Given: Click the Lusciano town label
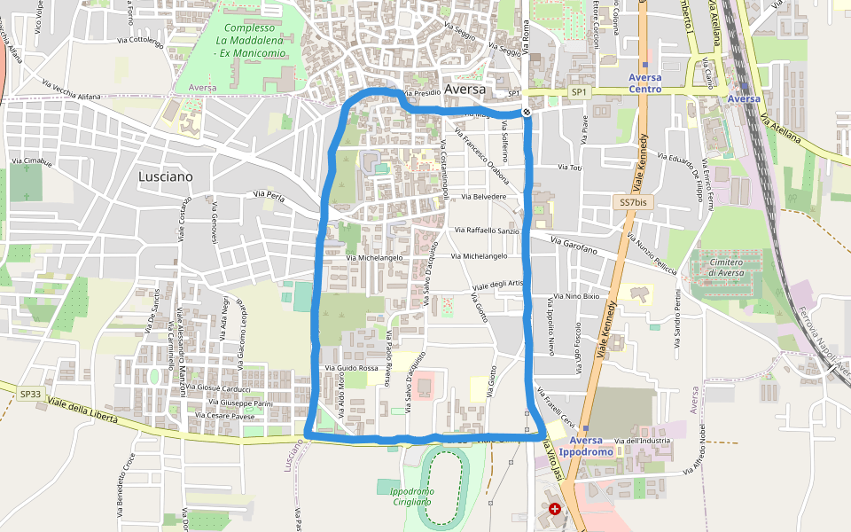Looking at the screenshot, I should [x=165, y=176].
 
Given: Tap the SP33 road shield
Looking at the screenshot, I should [x=31, y=394].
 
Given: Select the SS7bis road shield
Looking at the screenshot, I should [x=633, y=203].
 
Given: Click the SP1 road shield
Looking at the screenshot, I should [x=578, y=92].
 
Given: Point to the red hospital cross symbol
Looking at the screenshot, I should [x=555, y=509].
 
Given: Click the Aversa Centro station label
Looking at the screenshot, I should [x=644, y=82].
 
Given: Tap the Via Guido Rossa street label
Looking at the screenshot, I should [x=352, y=367].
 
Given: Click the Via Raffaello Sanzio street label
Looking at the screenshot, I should [x=487, y=231].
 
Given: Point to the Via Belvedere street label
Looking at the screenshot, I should [x=482, y=197].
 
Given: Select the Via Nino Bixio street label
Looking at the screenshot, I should [x=576, y=296].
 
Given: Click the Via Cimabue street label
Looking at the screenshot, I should [x=31, y=161].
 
